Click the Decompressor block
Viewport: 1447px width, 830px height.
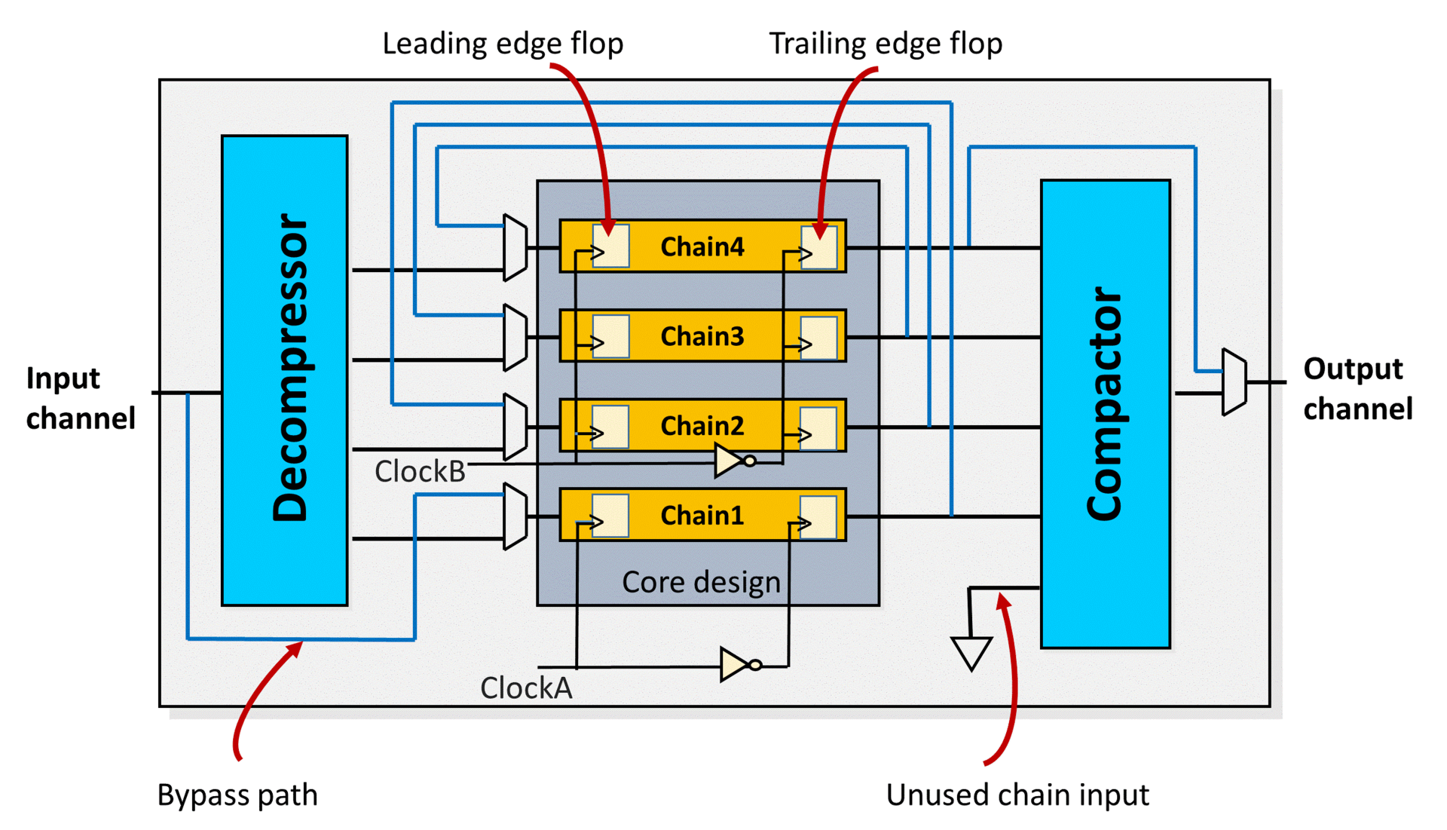[284, 369]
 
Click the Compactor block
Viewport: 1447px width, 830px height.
[1105, 413]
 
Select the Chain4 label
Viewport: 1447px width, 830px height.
[702, 247]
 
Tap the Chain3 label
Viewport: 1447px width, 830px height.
[702, 336]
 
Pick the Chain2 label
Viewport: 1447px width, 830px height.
[702, 426]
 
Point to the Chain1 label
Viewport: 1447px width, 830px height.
[702, 516]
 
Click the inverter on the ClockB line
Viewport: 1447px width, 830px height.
[732, 460]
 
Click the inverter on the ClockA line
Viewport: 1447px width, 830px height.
[737, 664]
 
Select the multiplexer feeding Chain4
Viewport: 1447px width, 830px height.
[515, 247]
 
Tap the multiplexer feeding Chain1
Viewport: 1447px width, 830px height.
[515, 516]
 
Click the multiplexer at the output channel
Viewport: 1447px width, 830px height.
[1234, 381]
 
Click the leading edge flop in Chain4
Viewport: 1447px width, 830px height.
[610, 246]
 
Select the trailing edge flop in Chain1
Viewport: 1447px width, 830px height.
[818, 516]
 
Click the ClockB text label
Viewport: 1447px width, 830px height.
[420, 472]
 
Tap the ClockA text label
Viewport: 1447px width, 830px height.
[526, 688]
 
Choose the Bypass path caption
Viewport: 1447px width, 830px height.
[237, 795]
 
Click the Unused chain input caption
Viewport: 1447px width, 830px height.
[1017, 795]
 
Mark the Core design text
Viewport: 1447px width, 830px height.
[701, 582]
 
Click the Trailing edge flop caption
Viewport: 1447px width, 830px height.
[886, 44]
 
